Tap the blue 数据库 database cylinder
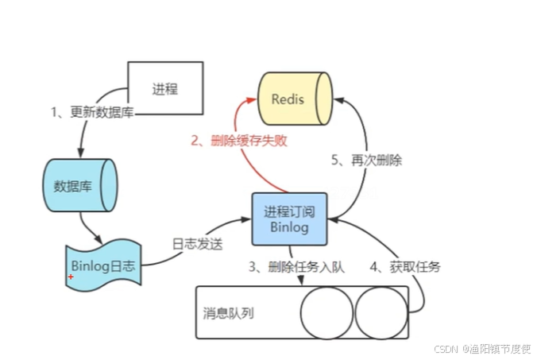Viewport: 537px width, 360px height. [79, 186]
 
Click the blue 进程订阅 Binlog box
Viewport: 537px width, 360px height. [290, 218]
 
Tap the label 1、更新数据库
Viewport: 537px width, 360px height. [91, 111]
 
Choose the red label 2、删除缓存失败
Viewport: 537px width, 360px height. [238, 141]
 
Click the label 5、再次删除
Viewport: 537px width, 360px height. [366, 160]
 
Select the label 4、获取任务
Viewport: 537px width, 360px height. [405, 267]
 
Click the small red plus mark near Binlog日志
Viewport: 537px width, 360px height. [71, 277]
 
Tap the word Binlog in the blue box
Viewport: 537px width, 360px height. [290, 226]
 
